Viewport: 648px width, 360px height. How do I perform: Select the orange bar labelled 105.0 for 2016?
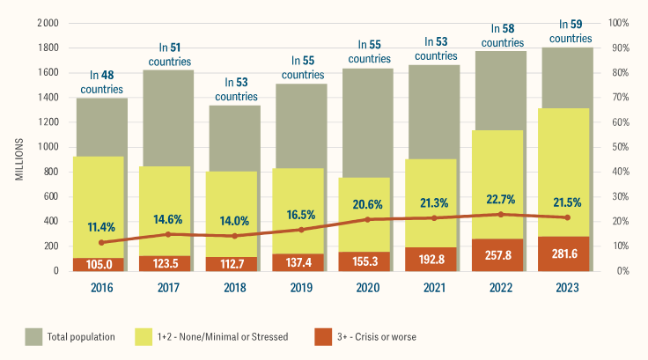pos(99,263)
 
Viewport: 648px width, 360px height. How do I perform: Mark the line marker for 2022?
pos(500,214)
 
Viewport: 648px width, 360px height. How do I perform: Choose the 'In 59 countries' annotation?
pos(567,32)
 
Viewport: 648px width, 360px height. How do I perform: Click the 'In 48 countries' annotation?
pos(102,82)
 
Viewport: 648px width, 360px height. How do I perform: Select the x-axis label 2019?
pos(299,287)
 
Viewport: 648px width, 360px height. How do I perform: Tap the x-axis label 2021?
pos(433,287)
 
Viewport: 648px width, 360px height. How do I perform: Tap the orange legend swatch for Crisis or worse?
pos(323,335)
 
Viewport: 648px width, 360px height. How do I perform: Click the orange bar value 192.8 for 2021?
pos(433,262)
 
